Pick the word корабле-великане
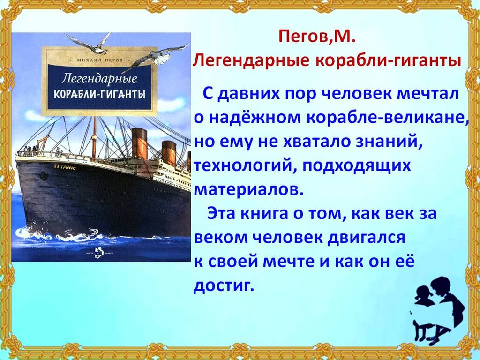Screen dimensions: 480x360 pos(386,118)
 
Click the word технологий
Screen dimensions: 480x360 pos(245,166)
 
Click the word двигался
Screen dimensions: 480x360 pos(367,238)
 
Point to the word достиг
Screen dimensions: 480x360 pos(224,285)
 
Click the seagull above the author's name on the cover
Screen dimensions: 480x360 pos(89,43)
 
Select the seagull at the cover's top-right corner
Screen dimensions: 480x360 pos(159,57)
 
